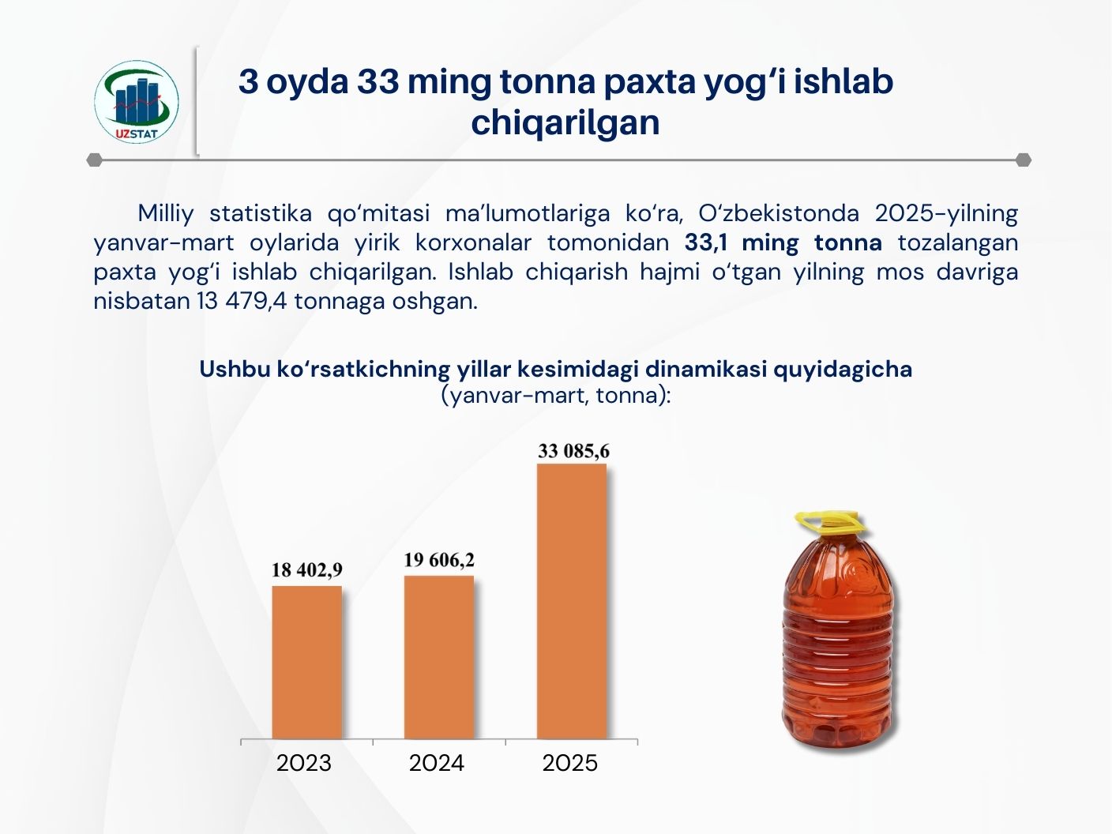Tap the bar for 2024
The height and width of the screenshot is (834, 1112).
pos(439,657)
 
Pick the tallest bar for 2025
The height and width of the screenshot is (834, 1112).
pos(572,600)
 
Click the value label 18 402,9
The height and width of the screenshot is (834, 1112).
pos(306,570)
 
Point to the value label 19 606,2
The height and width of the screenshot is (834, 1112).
pos(439,560)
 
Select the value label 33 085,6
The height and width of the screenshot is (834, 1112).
pos(573,452)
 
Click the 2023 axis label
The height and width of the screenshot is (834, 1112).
pos(304,763)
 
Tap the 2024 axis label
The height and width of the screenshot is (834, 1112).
pos(437,763)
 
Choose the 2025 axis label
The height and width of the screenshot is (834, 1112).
pos(570,763)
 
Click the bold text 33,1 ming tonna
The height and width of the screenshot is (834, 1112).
pos(783,242)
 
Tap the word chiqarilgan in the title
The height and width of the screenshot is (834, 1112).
pos(565,123)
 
